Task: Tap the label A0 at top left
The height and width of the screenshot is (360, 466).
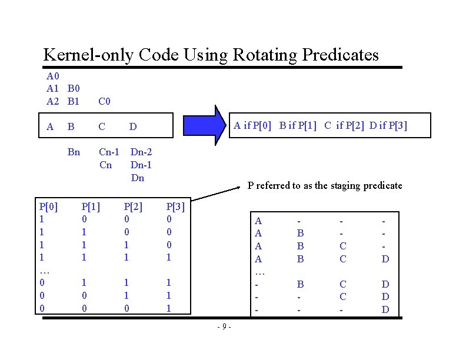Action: click(x=54, y=76)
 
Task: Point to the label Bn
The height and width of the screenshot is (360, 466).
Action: click(x=74, y=152)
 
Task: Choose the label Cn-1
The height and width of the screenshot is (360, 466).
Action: click(x=109, y=152)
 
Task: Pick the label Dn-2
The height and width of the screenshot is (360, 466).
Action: click(x=141, y=152)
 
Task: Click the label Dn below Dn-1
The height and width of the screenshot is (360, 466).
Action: click(x=137, y=178)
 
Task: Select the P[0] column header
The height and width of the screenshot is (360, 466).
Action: click(x=49, y=206)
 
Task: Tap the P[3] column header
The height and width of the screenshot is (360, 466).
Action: click(x=176, y=206)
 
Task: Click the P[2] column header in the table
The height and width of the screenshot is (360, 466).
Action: click(x=133, y=206)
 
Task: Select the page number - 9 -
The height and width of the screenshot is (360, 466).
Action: click(x=224, y=326)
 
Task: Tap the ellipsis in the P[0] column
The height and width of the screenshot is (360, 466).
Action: click(x=45, y=271)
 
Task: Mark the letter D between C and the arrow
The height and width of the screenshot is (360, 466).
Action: click(x=133, y=126)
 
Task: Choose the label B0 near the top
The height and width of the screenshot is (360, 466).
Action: click(x=74, y=89)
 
